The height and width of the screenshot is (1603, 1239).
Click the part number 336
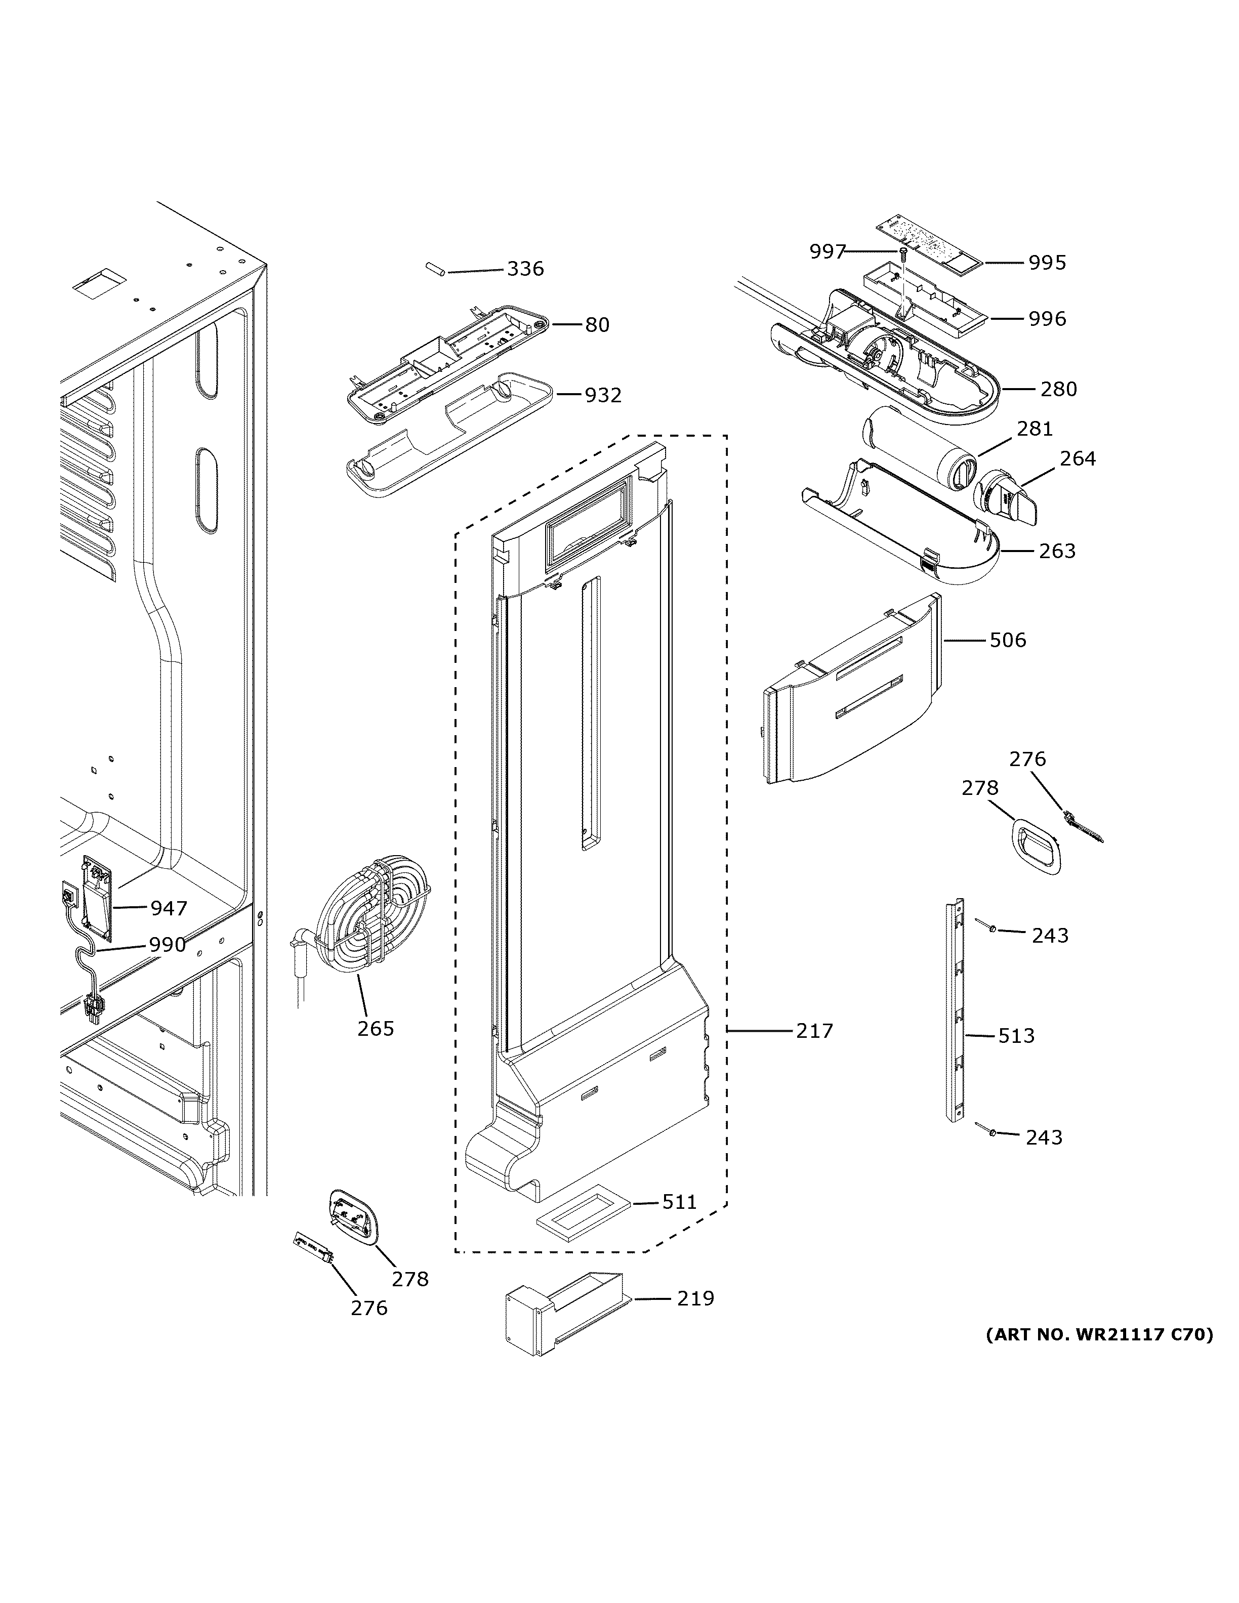[x=525, y=269]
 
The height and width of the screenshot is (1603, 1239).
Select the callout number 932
[x=603, y=396]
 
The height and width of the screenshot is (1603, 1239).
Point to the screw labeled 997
[x=903, y=254]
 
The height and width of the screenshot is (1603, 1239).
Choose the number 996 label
[x=1047, y=319]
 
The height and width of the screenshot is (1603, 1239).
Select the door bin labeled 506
[x=851, y=694]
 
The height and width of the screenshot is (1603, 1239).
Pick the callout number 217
[x=815, y=1031]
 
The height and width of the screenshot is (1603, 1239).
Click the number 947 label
[x=169, y=909]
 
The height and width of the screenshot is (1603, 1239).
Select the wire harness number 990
[x=168, y=945]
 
